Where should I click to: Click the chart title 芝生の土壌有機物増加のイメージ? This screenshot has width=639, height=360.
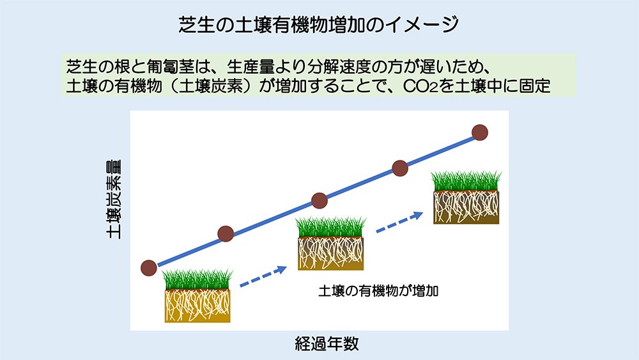coord(319,25)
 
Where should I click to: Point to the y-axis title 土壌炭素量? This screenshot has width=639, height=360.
coord(114,200)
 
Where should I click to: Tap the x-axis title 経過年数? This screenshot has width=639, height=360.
coord(327,343)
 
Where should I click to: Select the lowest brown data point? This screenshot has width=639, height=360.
coord(149,268)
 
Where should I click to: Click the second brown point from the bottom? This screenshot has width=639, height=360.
coord(226,234)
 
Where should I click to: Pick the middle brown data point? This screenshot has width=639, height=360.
coord(319,201)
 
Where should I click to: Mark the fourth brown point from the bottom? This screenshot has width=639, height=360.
coord(400,168)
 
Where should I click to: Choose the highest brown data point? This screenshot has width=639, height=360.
coord(480,132)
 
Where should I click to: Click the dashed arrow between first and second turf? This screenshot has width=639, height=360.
coord(263,276)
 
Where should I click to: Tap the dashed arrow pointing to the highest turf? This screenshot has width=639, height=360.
coord(399,222)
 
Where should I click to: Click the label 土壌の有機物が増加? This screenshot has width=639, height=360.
coord(378,291)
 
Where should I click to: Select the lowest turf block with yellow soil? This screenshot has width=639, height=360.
coord(197,295)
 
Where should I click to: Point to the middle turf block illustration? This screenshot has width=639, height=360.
coord(330,243)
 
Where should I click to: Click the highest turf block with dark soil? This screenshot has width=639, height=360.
coord(466,198)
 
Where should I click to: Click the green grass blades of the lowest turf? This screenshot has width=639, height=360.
coord(197,279)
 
